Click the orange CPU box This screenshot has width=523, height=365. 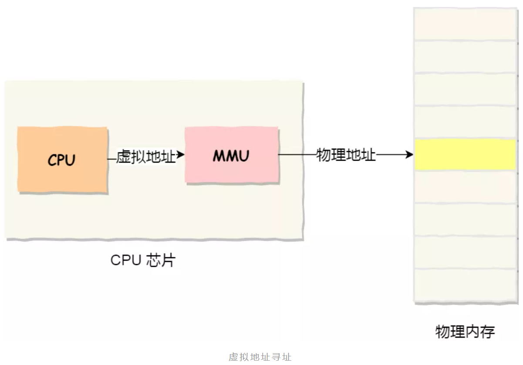[x=62, y=159]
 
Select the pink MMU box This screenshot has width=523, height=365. [x=231, y=155]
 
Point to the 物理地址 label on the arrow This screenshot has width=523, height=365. [x=346, y=154]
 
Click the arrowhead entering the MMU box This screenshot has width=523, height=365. [x=181, y=155]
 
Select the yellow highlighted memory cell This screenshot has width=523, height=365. [x=465, y=154]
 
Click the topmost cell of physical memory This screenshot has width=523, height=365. [x=465, y=24]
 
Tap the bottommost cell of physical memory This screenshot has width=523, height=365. [x=465, y=285]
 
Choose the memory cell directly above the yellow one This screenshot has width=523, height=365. [x=465, y=122]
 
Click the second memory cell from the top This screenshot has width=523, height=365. [x=465, y=57]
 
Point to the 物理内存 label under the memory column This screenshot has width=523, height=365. [x=465, y=332]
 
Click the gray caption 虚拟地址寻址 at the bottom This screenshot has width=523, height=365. [x=260, y=357]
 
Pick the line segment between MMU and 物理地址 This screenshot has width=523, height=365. [x=297, y=154]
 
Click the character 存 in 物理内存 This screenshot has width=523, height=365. [x=488, y=332]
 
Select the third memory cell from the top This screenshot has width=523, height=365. [x=465, y=90]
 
